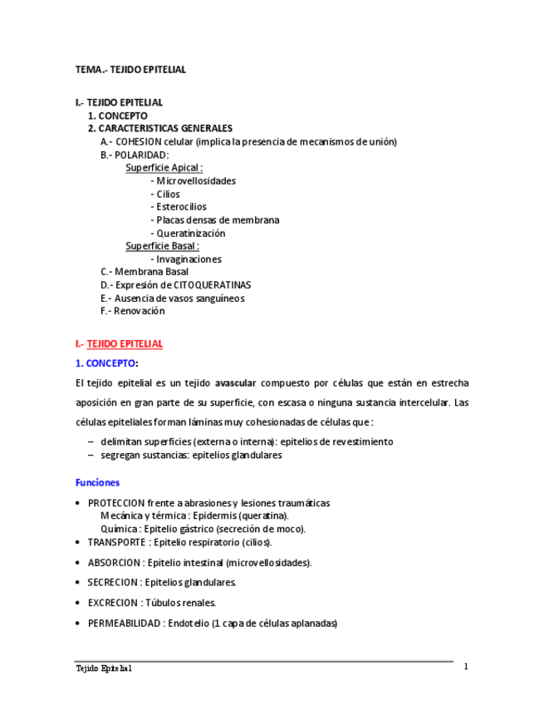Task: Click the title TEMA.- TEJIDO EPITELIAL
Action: [130, 70]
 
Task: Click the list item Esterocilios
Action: [181, 207]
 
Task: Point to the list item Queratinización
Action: [190, 234]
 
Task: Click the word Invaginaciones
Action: [189, 259]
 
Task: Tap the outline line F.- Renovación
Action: [133, 311]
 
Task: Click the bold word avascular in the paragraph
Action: [235, 383]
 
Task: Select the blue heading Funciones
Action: [97, 482]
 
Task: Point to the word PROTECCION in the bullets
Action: [115, 503]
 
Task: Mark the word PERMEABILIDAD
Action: [124, 624]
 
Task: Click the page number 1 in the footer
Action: [466, 667]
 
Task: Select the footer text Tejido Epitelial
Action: [104, 668]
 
